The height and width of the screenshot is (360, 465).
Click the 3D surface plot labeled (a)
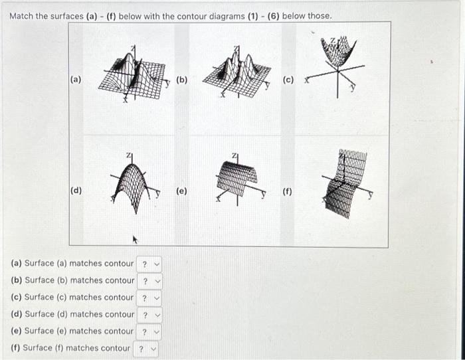(133, 74)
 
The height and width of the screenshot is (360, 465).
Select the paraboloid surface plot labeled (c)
(339, 63)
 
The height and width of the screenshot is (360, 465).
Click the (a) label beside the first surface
(76, 80)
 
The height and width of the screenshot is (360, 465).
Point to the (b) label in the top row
(181, 80)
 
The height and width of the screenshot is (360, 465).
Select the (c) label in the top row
(288, 80)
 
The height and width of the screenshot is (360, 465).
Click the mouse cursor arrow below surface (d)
(136, 236)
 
